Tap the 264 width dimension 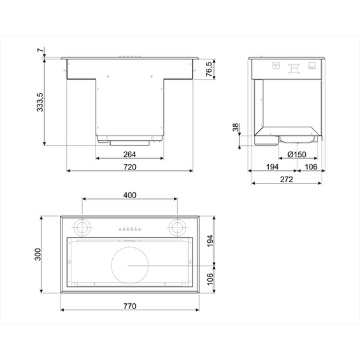(129, 154)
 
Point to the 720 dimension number (129, 168)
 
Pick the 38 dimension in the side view (236, 129)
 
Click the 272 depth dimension (286, 180)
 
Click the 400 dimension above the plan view (130, 194)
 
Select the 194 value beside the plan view (210, 240)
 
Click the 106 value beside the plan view (210, 278)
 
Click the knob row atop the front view (129, 58)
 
